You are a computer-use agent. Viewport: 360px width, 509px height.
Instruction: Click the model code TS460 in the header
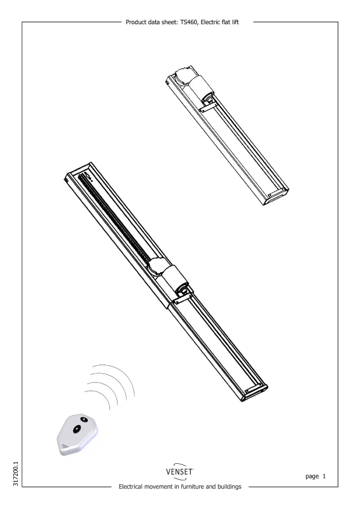tap(189, 22)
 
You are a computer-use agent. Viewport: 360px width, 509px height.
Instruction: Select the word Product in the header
tap(135, 22)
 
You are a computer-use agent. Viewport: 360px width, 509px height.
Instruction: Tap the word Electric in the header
tap(211, 22)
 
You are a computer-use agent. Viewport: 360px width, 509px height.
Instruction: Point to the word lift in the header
tap(235, 22)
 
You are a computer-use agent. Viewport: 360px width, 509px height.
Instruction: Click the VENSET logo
tap(179, 471)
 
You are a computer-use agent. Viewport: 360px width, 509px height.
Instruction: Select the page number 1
tap(324, 476)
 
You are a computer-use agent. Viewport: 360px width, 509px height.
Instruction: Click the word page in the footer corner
tap(312, 477)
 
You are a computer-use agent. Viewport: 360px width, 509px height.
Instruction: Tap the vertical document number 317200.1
tap(16, 474)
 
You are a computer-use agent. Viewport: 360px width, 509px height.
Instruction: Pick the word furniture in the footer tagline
tap(192, 487)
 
